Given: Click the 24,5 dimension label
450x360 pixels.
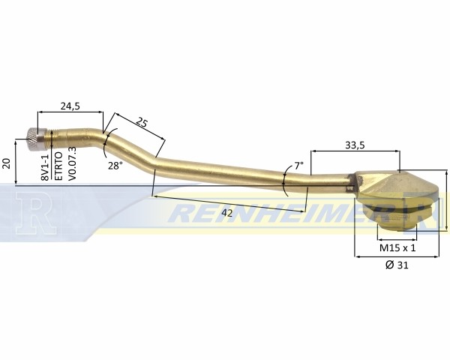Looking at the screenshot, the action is (x=70, y=106).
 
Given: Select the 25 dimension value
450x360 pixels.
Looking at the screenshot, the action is (x=142, y=122).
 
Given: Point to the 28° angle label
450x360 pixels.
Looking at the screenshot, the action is (x=115, y=166).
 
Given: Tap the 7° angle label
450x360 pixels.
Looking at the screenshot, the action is (x=298, y=166).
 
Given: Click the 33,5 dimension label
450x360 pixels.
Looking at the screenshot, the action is (x=355, y=145).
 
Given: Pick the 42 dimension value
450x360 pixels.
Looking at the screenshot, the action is (x=227, y=213).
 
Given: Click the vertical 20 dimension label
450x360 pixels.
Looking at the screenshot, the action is (x=7, y=163).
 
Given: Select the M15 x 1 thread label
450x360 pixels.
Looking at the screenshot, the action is (x=397, y=247).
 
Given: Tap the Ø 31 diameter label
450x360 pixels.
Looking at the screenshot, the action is (x=397, y=265).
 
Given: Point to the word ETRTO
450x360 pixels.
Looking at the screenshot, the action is (x=58, y=166).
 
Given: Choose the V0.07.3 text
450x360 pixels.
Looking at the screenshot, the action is (x=73, y=163).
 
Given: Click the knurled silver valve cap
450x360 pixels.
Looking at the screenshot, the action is (x=37, y=139).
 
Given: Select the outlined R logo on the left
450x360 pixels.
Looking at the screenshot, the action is (x=36, y=212).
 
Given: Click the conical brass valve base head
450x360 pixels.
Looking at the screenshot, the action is (x=397, y=184).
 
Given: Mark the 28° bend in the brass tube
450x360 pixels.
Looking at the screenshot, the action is (x=105, y=140).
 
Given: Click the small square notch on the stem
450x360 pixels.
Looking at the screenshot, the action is (x=349, y=188).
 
